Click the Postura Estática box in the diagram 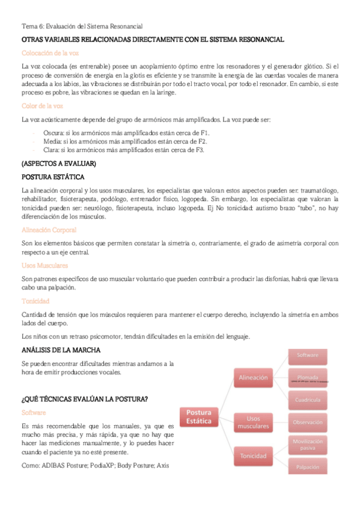tap(198, 417)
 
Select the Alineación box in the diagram tap(253, 378)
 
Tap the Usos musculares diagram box tap(253, 422)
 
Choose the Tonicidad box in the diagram tap(253, 456)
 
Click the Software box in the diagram tap(307, 355)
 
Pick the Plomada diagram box tap(307, 378)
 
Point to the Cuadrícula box tap(307, 400)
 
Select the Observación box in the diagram tap(307, 422)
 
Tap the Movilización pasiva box tap(307, 444)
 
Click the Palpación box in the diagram tap(307, 467)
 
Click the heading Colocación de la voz tap(50, 53)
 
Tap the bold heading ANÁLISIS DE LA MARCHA tap(61, 349)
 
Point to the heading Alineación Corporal tap(49, 230)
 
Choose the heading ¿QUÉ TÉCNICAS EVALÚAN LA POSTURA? tap(84, 399)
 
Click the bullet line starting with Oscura tap(126, 132)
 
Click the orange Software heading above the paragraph tap(34, 413)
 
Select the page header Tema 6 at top tap(82, 25)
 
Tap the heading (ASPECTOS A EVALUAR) tap(58, 164)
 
